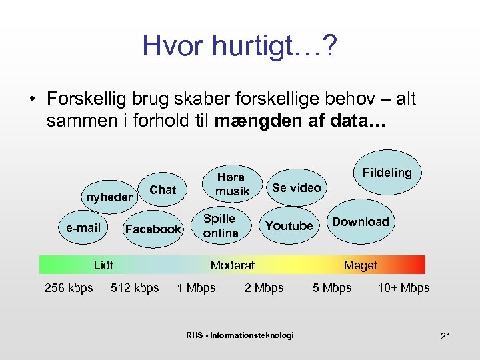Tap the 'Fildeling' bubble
(387, 173)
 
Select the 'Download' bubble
(360, 222)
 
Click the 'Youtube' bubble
(289, 226)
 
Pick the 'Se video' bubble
(296, 188)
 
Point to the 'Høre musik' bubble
(231, 184)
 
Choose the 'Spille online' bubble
(220, 226)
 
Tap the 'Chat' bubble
(163, 190)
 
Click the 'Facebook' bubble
(153, 229)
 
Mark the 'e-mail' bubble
(83, 228)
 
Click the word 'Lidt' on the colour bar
(103, 265)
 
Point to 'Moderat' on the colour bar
(233, 265)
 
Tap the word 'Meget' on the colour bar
(360, 265)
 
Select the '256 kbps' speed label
(69, 288)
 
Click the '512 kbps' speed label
(135, 288)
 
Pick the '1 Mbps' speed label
(196, 288)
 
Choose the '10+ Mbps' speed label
(403, 288)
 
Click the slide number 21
(445, 336)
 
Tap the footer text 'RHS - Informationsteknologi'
(240, 335)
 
